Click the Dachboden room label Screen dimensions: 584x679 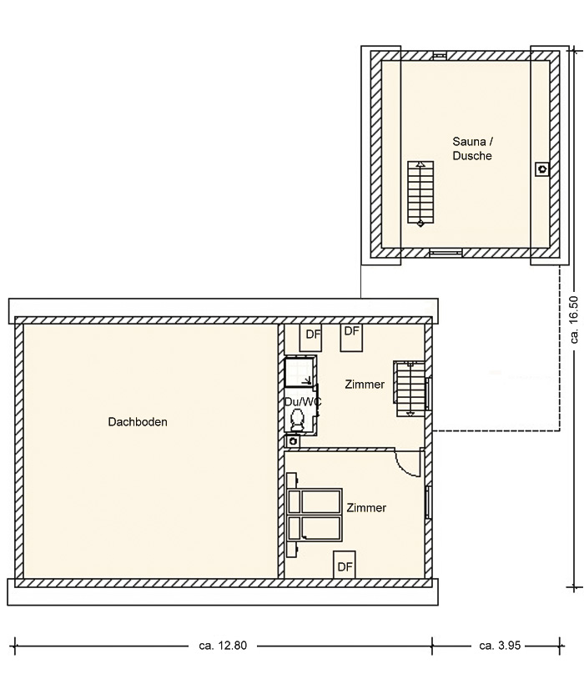point(138,422)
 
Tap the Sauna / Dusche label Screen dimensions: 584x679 point(472,148)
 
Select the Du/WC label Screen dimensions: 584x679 point(303,402)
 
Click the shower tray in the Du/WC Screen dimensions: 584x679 point(300,371)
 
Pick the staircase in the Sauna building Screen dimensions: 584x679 point(420,193)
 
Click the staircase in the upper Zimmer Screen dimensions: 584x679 point(409,389)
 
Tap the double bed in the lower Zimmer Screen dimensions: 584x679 point(315,516)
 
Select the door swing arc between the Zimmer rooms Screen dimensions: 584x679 point(406,470)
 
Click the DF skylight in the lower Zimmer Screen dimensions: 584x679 point(345,565)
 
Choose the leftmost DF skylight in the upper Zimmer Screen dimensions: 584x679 point(311,337)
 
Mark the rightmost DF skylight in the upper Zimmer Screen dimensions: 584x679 point(351,337)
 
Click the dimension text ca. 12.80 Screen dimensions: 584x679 point(223,646)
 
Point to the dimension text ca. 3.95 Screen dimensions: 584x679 point(500,646)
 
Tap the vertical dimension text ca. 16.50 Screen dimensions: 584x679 point(575,319)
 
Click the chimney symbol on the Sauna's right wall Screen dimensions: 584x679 point(542,169)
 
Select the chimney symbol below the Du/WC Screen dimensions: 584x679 point(293,441)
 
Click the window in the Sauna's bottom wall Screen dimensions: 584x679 point(446,253)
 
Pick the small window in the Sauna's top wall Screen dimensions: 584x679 point(440,56)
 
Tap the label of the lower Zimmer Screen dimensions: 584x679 point(366,507)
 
